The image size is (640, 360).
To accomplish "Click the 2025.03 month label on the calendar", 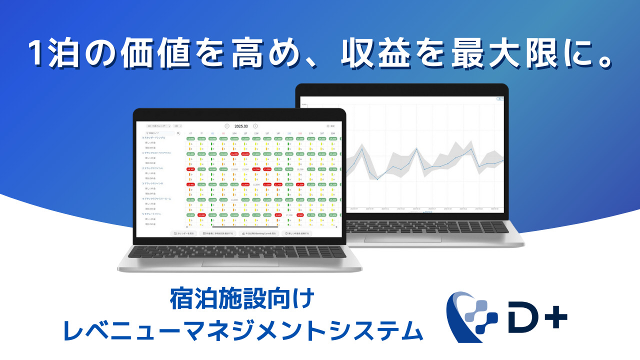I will [241, 126].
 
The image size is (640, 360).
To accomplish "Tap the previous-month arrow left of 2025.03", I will [227, 126].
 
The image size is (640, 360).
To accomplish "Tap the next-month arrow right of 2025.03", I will [255, 126].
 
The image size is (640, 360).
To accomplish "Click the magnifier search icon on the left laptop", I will [178, 133].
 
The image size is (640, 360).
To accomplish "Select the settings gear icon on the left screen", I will [328, 126].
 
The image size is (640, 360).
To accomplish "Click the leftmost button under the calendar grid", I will [183, 233].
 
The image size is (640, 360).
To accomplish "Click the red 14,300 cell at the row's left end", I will [190, 169].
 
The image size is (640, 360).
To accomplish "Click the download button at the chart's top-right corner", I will [499, 99].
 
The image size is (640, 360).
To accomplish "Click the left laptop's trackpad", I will [240, 263].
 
